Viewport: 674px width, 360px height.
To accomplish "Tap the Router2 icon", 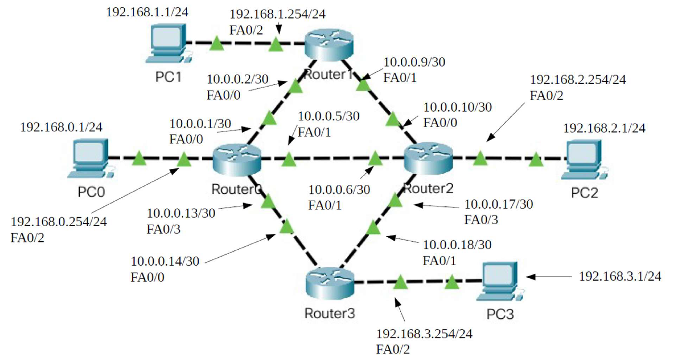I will (428, 158).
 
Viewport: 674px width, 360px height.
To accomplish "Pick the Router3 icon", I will (330, 283).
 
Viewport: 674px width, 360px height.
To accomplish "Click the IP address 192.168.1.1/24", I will (147, 12).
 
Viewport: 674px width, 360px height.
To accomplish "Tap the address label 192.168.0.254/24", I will (59, 222).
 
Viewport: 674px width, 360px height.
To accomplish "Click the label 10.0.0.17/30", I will (498, 205).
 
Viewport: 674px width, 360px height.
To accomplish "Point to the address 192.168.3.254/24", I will (424, 334).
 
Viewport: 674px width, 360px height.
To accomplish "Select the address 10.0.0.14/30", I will (165, 262).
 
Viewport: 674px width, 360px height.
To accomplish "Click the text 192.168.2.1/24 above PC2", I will (604, 128).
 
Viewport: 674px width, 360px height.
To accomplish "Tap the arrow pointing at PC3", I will (548, 277).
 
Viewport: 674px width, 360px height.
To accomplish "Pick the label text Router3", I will (330, 314).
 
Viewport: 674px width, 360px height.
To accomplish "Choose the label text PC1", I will (168, 77).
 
